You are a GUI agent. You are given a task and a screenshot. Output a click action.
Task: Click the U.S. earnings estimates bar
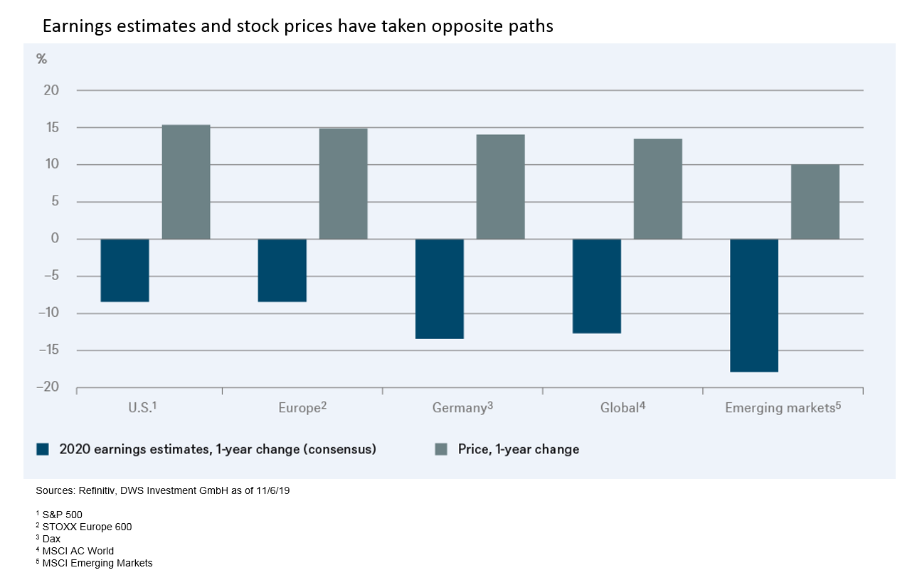(x=124, y=270)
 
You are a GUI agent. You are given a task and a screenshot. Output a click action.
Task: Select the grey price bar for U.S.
(x=186, y=182)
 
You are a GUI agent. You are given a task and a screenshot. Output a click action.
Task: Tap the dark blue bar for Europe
(x=282, y=270)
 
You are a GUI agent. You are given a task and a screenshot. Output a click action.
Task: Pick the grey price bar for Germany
(x=500, y=186)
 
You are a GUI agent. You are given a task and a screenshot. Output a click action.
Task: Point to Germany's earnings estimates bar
(x=439, y=289)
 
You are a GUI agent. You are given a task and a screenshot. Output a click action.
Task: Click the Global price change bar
(x=657, y=188)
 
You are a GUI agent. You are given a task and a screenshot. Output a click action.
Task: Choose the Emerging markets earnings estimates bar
(x=753, y=305)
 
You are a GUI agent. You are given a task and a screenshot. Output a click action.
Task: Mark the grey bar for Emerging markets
(x=815, y=201)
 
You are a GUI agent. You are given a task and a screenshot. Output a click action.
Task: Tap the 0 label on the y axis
(x=54, y=239)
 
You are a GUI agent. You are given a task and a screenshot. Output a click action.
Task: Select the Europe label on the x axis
(x=300, y=408)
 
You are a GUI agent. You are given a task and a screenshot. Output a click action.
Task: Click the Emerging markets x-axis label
(x=778, y=408)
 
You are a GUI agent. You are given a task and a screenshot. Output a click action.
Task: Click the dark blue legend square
(x=43, y=449)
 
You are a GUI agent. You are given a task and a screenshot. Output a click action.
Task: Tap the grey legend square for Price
(x=441, y=449)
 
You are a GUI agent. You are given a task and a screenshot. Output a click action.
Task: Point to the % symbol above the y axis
(x=41, y=59)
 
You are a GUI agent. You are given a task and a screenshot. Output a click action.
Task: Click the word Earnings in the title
(x=73, y=27)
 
